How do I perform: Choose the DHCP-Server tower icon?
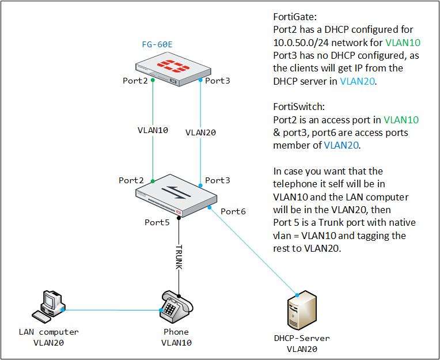pos(301,310)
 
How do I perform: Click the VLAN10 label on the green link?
pos(153,130)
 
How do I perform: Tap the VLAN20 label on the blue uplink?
pos(200,132)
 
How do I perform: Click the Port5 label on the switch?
pos(157,222)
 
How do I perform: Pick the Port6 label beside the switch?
pos(233,211)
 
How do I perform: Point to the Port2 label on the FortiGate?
pos(135,81)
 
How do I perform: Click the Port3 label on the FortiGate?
pos(218,81)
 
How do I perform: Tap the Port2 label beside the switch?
pos(131,180)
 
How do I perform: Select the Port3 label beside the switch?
pos(218,180)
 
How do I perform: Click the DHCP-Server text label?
pos(303,338)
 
